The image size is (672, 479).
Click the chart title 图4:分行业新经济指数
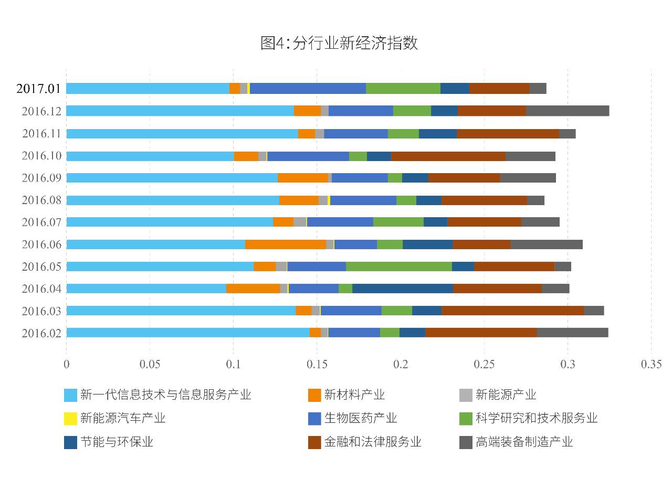[339, 43]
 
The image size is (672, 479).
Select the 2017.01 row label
[39, 88]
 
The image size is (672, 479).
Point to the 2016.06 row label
[41, 244]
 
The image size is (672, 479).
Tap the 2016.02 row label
[41, 333]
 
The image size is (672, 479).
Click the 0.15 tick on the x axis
[317, 364]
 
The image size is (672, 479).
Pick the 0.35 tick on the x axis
[651, 364]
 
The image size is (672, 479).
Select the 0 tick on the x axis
[66, 364]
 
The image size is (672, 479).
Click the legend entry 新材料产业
[354, 395]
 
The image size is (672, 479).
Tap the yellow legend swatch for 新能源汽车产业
[70, 419]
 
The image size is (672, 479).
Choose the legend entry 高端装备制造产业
[524, 442]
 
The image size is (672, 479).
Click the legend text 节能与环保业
[117, 442]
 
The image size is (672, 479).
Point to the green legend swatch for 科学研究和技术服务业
[466, 419]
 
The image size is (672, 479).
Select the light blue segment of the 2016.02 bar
[187, 333]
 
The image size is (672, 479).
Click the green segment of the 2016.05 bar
[398, 267]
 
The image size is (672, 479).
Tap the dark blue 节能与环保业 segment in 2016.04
[402, 289]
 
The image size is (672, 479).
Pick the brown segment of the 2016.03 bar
[512, 311]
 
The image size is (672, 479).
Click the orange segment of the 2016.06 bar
[285, 244]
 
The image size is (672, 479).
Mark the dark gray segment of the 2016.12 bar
[568, 111]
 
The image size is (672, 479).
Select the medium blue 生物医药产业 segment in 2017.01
[308, 88]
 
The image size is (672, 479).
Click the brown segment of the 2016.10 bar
[448, 156]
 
